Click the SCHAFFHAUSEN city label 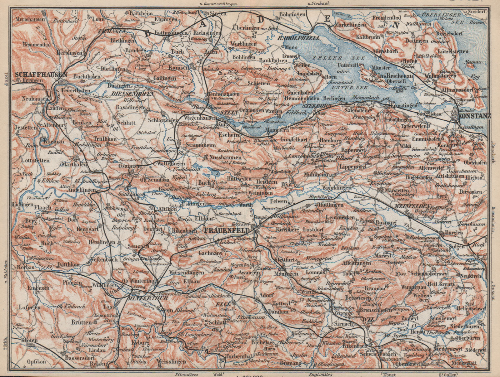pos(41,75)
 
